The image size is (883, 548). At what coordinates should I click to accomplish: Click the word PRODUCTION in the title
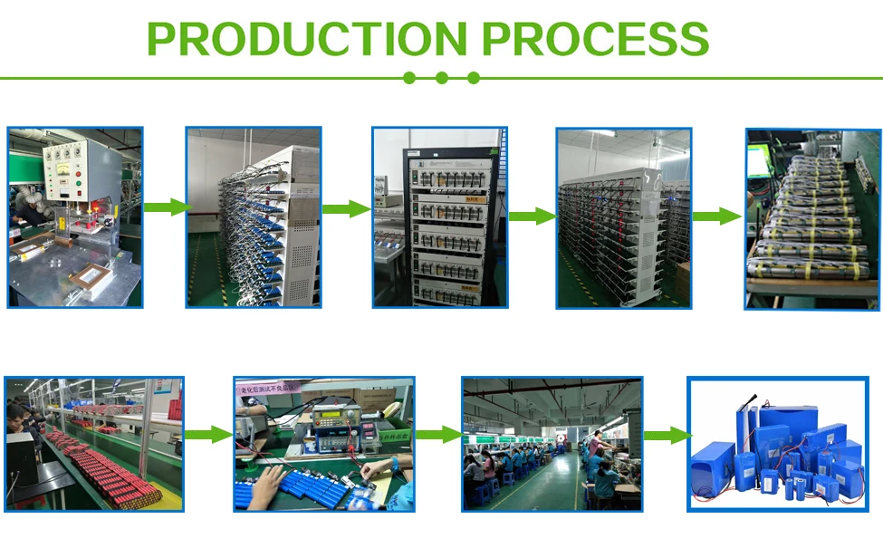306,39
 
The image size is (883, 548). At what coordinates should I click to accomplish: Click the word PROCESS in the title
595,39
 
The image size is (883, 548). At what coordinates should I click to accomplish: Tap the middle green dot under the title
441,78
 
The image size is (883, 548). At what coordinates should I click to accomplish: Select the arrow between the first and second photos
165,207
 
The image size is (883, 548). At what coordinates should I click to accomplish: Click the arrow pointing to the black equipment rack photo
346,209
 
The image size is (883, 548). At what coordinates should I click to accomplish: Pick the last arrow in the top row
716,216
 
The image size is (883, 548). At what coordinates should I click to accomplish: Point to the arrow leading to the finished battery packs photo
665,436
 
